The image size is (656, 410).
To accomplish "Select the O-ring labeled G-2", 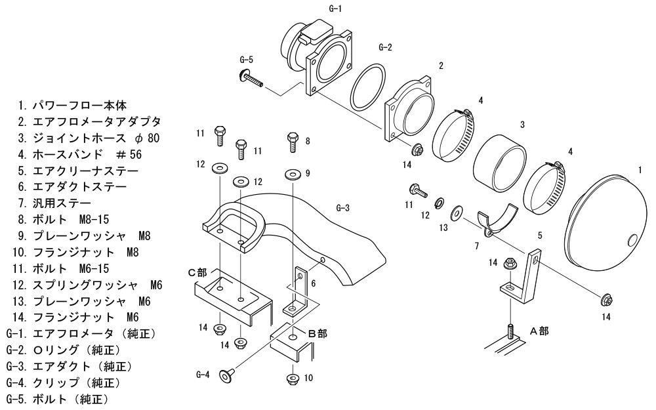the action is click(x=368, y=87).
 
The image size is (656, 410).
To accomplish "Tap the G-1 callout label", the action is click(x=335, y=9).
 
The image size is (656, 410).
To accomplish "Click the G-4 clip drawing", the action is click(x=226, y=376).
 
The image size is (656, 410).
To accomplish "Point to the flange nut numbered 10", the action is click(x=293, y=379).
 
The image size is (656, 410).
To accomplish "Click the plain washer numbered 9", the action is click(x=293, y=174).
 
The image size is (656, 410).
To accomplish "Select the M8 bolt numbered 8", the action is click(x=293, y=142).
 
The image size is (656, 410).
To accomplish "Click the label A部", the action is click(x=539, y=331).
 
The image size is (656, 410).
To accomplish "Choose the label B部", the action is click(x=318, y=333).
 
